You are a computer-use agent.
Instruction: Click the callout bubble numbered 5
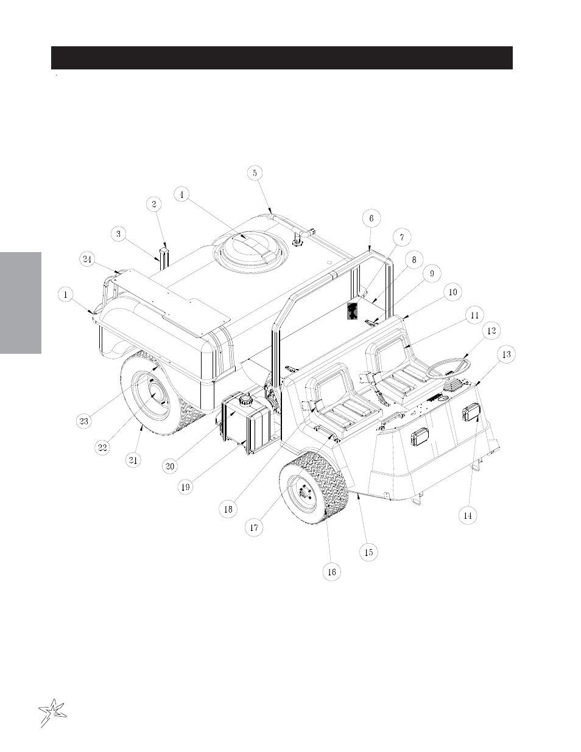pyautogui.click(x=255, y=173)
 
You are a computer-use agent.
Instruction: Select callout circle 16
pyautogui.click(x=331, y=572)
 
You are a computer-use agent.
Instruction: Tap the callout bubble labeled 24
pyautogui.click(x=88, y=259)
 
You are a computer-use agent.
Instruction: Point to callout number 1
pyautogui.click(x=66, y=295)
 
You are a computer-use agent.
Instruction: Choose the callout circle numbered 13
pyautogui.click(x=506, y=354)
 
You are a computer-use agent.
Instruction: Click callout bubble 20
pyautogui.click(x=170, y=466)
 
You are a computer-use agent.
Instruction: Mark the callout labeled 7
pyautogui.click(x=402, y=237)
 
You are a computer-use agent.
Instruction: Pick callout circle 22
pyautogui.click(x=103, y=447)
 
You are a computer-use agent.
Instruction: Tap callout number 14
pyautogui.click(x=468, y=515)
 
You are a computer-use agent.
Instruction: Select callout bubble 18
pyautogui.click(x=228, y=509)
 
